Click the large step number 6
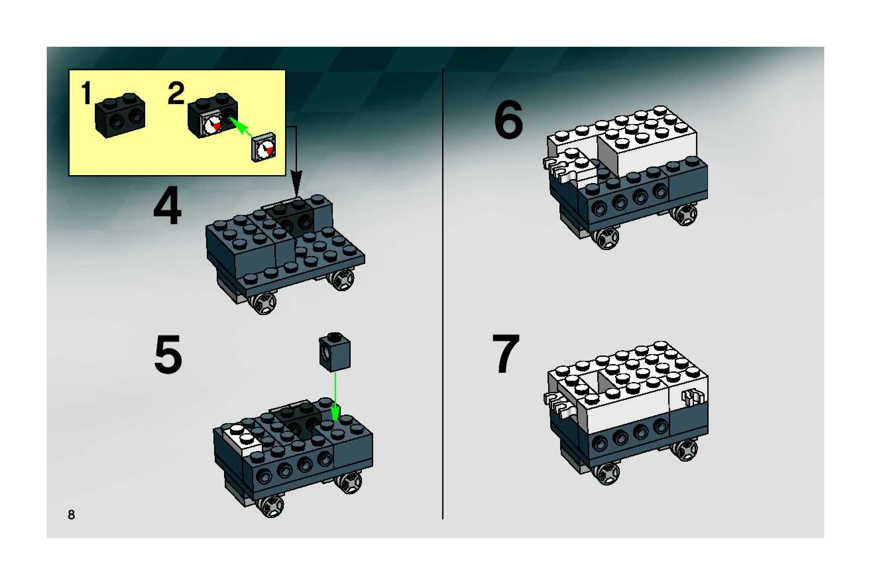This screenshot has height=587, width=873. pyautogui.click(x=509, y=119)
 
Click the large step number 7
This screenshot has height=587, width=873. pyautogui.click(x=506, y=354)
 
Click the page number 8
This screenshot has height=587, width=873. pyautogui.click(x=71, y=515)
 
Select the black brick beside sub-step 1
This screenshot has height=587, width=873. pyautogui.click(x=120, y=115)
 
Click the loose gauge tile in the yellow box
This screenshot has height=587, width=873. pyautogui.click(x=264, y=147)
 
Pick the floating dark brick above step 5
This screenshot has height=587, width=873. pyautogui.click(x=334, y=352)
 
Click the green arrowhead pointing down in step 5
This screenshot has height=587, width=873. pyautogui.click(x=335, y=414)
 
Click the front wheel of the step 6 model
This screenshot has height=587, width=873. pyautogui.click(x=606, y=238)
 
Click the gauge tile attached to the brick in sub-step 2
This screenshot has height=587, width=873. pyautogui.click(x=212, y=125)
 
